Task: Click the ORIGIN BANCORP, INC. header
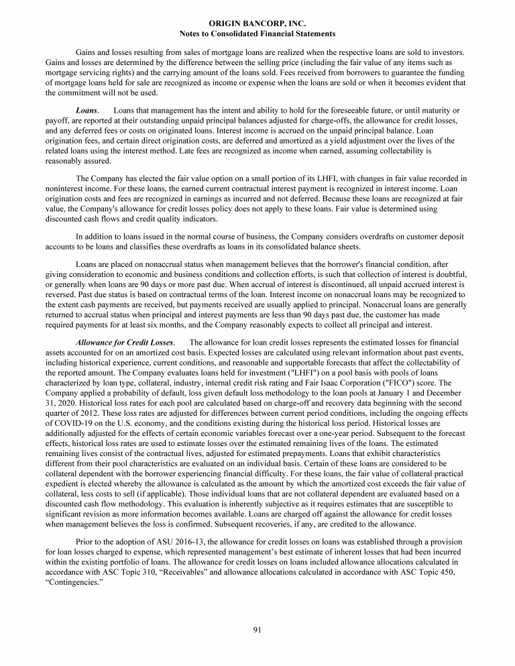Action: click(x=257, y=23)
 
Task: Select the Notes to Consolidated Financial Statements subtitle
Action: click(x=257, y=33)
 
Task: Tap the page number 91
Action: click(x=257, y=628)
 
